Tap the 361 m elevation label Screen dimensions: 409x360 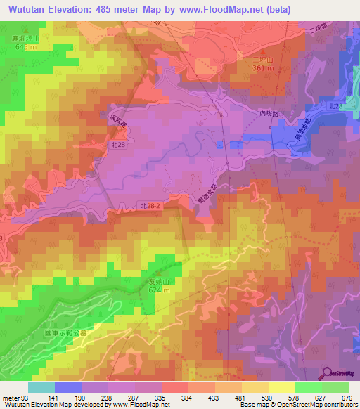tap(262, 69)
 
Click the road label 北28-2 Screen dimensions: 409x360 tap(151, 206)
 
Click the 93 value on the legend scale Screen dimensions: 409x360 tap(27, 397)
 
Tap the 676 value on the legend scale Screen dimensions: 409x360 tap(347, 397)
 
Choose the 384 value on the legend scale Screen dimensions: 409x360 tap(188, 397)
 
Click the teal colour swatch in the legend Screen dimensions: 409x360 tap(41, 387)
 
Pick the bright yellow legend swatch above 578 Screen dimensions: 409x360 tap(281, 387)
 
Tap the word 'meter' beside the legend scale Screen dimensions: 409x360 tap(10, 397)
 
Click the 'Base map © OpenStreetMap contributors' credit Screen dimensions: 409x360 tap(296, 405)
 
